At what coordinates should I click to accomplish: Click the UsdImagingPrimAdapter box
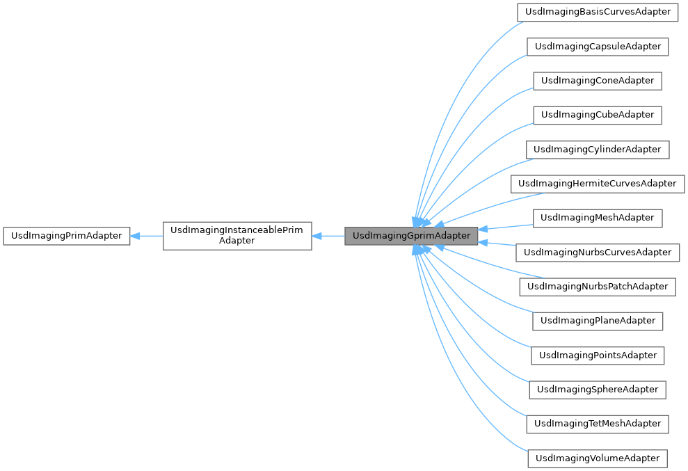[66, 236]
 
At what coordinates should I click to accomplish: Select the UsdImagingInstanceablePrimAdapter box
[237, 236]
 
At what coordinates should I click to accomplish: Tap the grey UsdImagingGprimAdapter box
[411, 236]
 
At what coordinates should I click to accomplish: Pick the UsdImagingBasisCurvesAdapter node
[597, 12]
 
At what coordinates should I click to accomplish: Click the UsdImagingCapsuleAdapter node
[597, 47]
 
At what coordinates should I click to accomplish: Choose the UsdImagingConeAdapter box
[597, 81]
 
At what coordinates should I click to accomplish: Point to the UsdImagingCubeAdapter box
[597, 115]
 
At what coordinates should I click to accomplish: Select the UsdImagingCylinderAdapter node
[597, 150]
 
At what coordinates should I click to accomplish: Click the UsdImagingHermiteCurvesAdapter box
[597, 184]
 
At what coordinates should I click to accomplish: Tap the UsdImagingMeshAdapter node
[597, 218]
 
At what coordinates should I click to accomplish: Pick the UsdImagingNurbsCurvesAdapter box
[597, 253]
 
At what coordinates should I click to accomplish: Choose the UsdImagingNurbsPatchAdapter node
[597, 287]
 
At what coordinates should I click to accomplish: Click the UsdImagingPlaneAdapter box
[597, 321]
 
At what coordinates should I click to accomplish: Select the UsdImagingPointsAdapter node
[597, 356]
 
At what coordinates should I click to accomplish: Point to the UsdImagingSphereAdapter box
[597, 390]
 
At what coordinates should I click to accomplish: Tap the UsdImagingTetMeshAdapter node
[597, 424]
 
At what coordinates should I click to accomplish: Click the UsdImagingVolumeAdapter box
[597, 458]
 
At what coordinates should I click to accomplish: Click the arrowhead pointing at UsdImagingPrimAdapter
[135, 236]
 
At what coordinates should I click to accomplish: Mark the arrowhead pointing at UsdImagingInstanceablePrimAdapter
[317, 236]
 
